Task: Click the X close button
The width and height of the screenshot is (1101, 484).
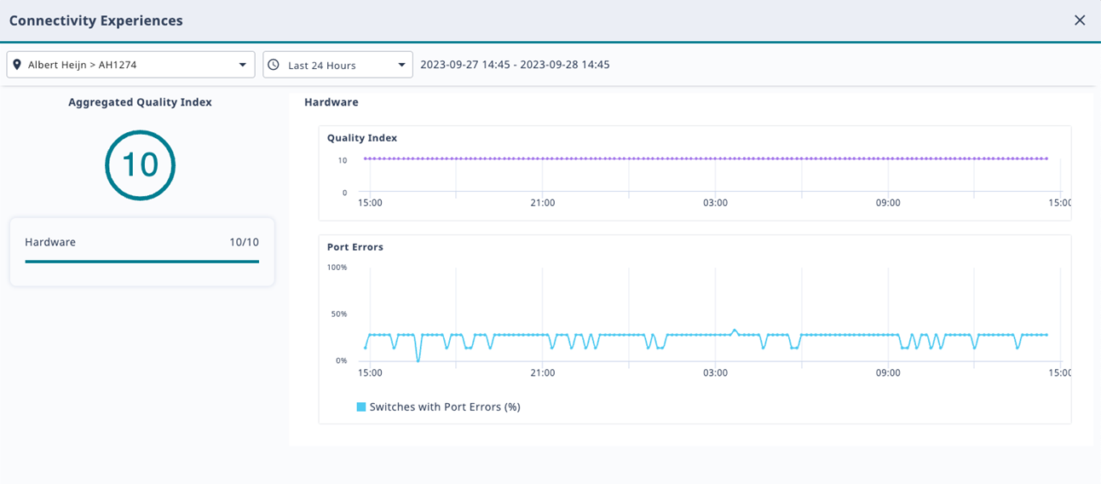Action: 1080,20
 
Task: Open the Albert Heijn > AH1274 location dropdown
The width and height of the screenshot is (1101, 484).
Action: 130,65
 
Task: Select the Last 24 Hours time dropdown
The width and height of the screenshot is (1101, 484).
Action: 337,65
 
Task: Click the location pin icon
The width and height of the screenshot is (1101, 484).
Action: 17,65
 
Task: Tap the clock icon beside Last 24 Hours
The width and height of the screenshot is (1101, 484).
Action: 274,65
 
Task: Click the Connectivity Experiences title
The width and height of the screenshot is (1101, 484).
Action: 95,20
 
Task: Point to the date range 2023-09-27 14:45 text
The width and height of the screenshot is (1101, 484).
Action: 515,65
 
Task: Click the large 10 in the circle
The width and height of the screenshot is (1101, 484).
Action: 140,164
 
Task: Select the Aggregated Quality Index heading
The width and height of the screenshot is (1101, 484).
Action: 140,102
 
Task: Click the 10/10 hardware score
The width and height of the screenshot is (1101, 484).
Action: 244,242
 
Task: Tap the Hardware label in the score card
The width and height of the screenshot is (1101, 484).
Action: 50,242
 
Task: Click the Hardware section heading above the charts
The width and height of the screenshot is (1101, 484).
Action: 331,102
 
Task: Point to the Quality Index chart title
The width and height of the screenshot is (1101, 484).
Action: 362,138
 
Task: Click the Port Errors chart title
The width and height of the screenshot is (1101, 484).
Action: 355,247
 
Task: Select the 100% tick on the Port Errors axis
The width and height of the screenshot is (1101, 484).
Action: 337,268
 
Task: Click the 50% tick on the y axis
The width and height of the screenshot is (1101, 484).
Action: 338,314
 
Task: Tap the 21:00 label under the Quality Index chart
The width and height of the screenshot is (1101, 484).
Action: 542,203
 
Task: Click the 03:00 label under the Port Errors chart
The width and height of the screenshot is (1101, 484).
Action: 715,373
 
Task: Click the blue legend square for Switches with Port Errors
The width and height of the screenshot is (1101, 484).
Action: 361,407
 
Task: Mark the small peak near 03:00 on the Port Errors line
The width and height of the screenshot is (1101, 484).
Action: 735,330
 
